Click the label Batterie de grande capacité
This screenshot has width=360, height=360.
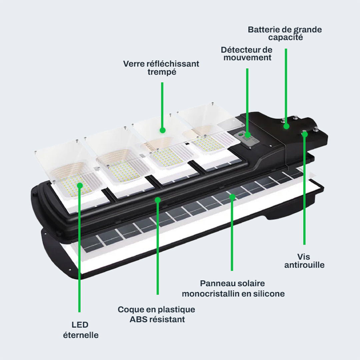(x=285, y=33)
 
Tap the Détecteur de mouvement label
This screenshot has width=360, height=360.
(x=247, y=54)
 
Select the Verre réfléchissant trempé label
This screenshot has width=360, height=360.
(x=161, y=67)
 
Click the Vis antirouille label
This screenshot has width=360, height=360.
(x=304, y=261)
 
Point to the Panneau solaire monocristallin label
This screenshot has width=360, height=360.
(x=233, y=288)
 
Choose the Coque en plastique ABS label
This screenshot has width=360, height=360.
(x=157, y=314)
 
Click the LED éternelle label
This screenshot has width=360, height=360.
(x=80, y=330)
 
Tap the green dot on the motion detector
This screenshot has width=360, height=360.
(x=247, y=135)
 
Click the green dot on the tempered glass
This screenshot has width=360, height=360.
(x=162, y=130)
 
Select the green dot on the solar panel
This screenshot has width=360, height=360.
(x=232, y=196)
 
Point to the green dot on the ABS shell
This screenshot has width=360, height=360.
(x=158, y=200)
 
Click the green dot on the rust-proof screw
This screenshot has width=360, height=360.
(x=304, y=134)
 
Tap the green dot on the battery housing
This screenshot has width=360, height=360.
(x=286, y=126)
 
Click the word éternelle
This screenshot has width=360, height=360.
(x=81, y=335)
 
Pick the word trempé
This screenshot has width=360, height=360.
(x=162, y=72)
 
